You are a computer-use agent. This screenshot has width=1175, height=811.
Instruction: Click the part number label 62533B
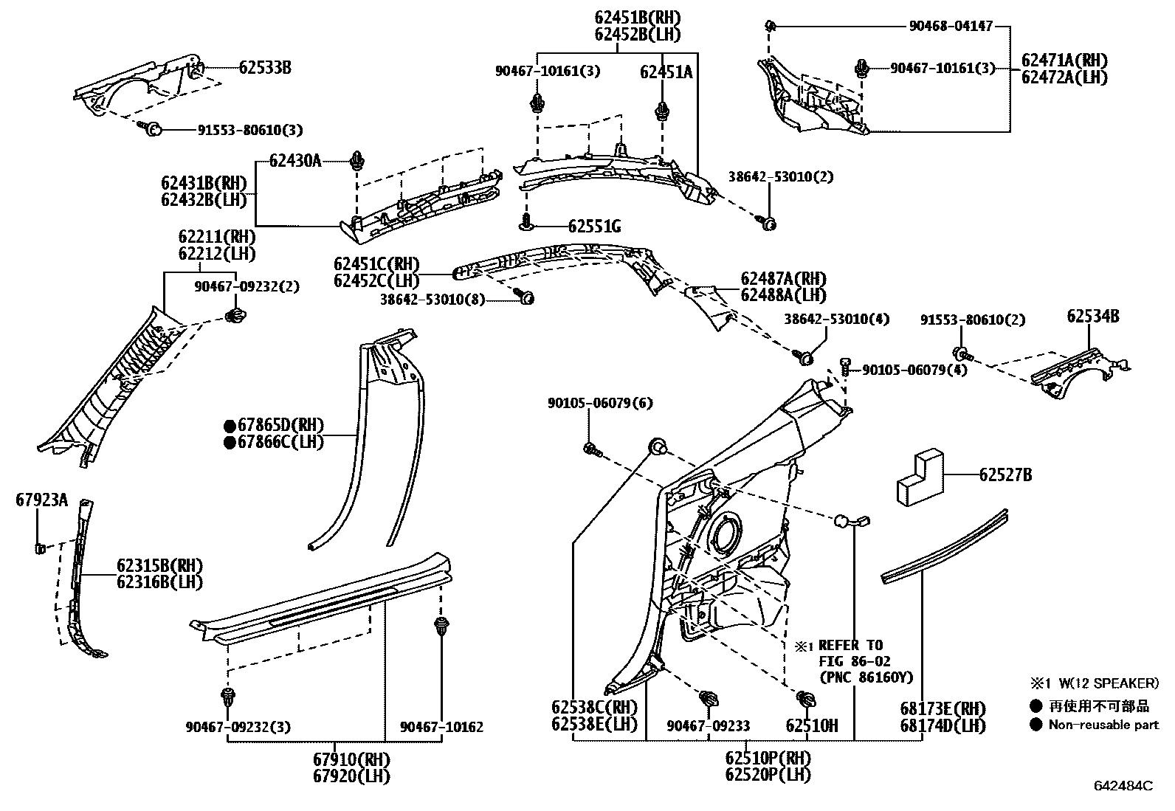click(x=264, y=68)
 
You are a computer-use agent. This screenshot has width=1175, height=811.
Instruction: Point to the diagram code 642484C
click(x=1123, y=787)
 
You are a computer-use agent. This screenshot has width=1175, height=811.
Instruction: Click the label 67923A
click(x=41, y=501)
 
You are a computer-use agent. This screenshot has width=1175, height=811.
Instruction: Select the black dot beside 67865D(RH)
click(x=230, y=426)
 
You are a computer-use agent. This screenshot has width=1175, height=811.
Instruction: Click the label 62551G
click(x=594, y=227)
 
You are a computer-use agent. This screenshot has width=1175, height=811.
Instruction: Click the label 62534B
click(x=1092, y=317)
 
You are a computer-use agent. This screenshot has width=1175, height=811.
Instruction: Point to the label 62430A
click(x=294, y=161)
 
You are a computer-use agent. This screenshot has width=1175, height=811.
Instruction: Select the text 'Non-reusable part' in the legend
click(x=1103, y=725)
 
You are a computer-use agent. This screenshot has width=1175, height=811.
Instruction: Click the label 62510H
click(x=811, y=726)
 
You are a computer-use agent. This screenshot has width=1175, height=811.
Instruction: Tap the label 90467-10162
click(x=441, y=727)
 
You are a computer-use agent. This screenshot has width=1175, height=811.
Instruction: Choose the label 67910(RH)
click(x=351, y=759)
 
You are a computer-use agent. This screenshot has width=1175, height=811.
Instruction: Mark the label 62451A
click(x=666, y=72)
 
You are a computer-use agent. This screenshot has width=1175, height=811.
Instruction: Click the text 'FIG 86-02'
click(x=850, y=661)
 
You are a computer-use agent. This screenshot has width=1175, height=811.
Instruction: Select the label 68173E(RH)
click(x=943, y=708)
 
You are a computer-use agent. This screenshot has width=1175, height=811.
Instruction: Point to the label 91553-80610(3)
click(x=250, y=130)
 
